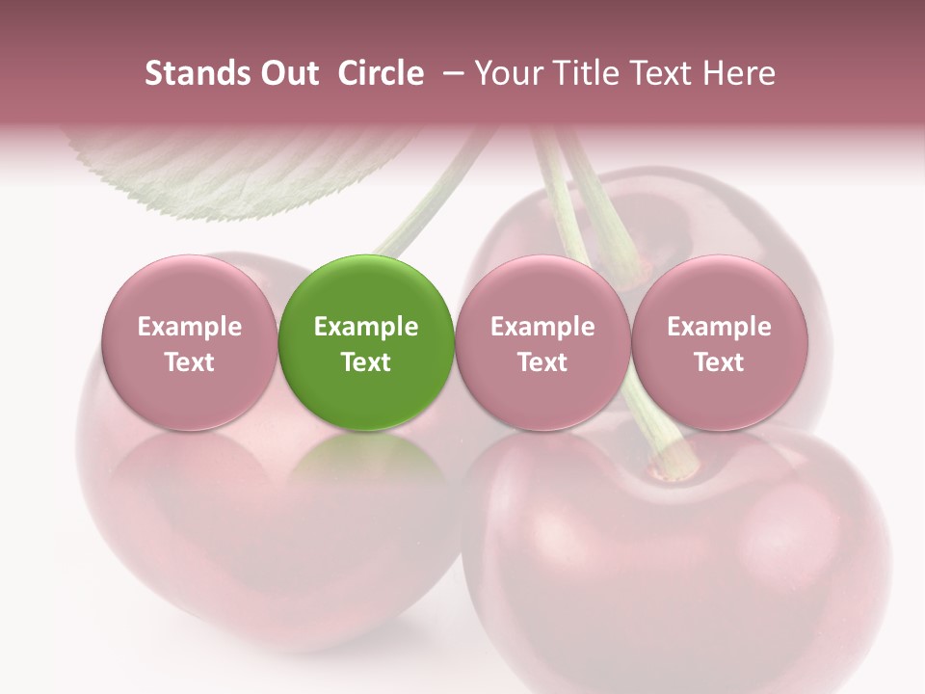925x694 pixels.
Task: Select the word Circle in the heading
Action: coord(381,73)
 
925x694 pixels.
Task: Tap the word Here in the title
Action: coord(738,73)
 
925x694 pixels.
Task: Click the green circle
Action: coord(366,342)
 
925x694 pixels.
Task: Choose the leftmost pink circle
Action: coord(189,342)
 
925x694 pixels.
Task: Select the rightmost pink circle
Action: coord(719,342)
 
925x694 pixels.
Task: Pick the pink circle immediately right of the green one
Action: coord(542,342)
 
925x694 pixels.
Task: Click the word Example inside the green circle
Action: coord(366,327)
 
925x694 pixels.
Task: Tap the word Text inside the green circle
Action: coord(366,362)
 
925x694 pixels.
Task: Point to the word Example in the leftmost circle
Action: coord(189,327)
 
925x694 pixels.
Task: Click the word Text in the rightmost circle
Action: coord(719,362)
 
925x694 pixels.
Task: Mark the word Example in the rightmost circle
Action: coord(719,327)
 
